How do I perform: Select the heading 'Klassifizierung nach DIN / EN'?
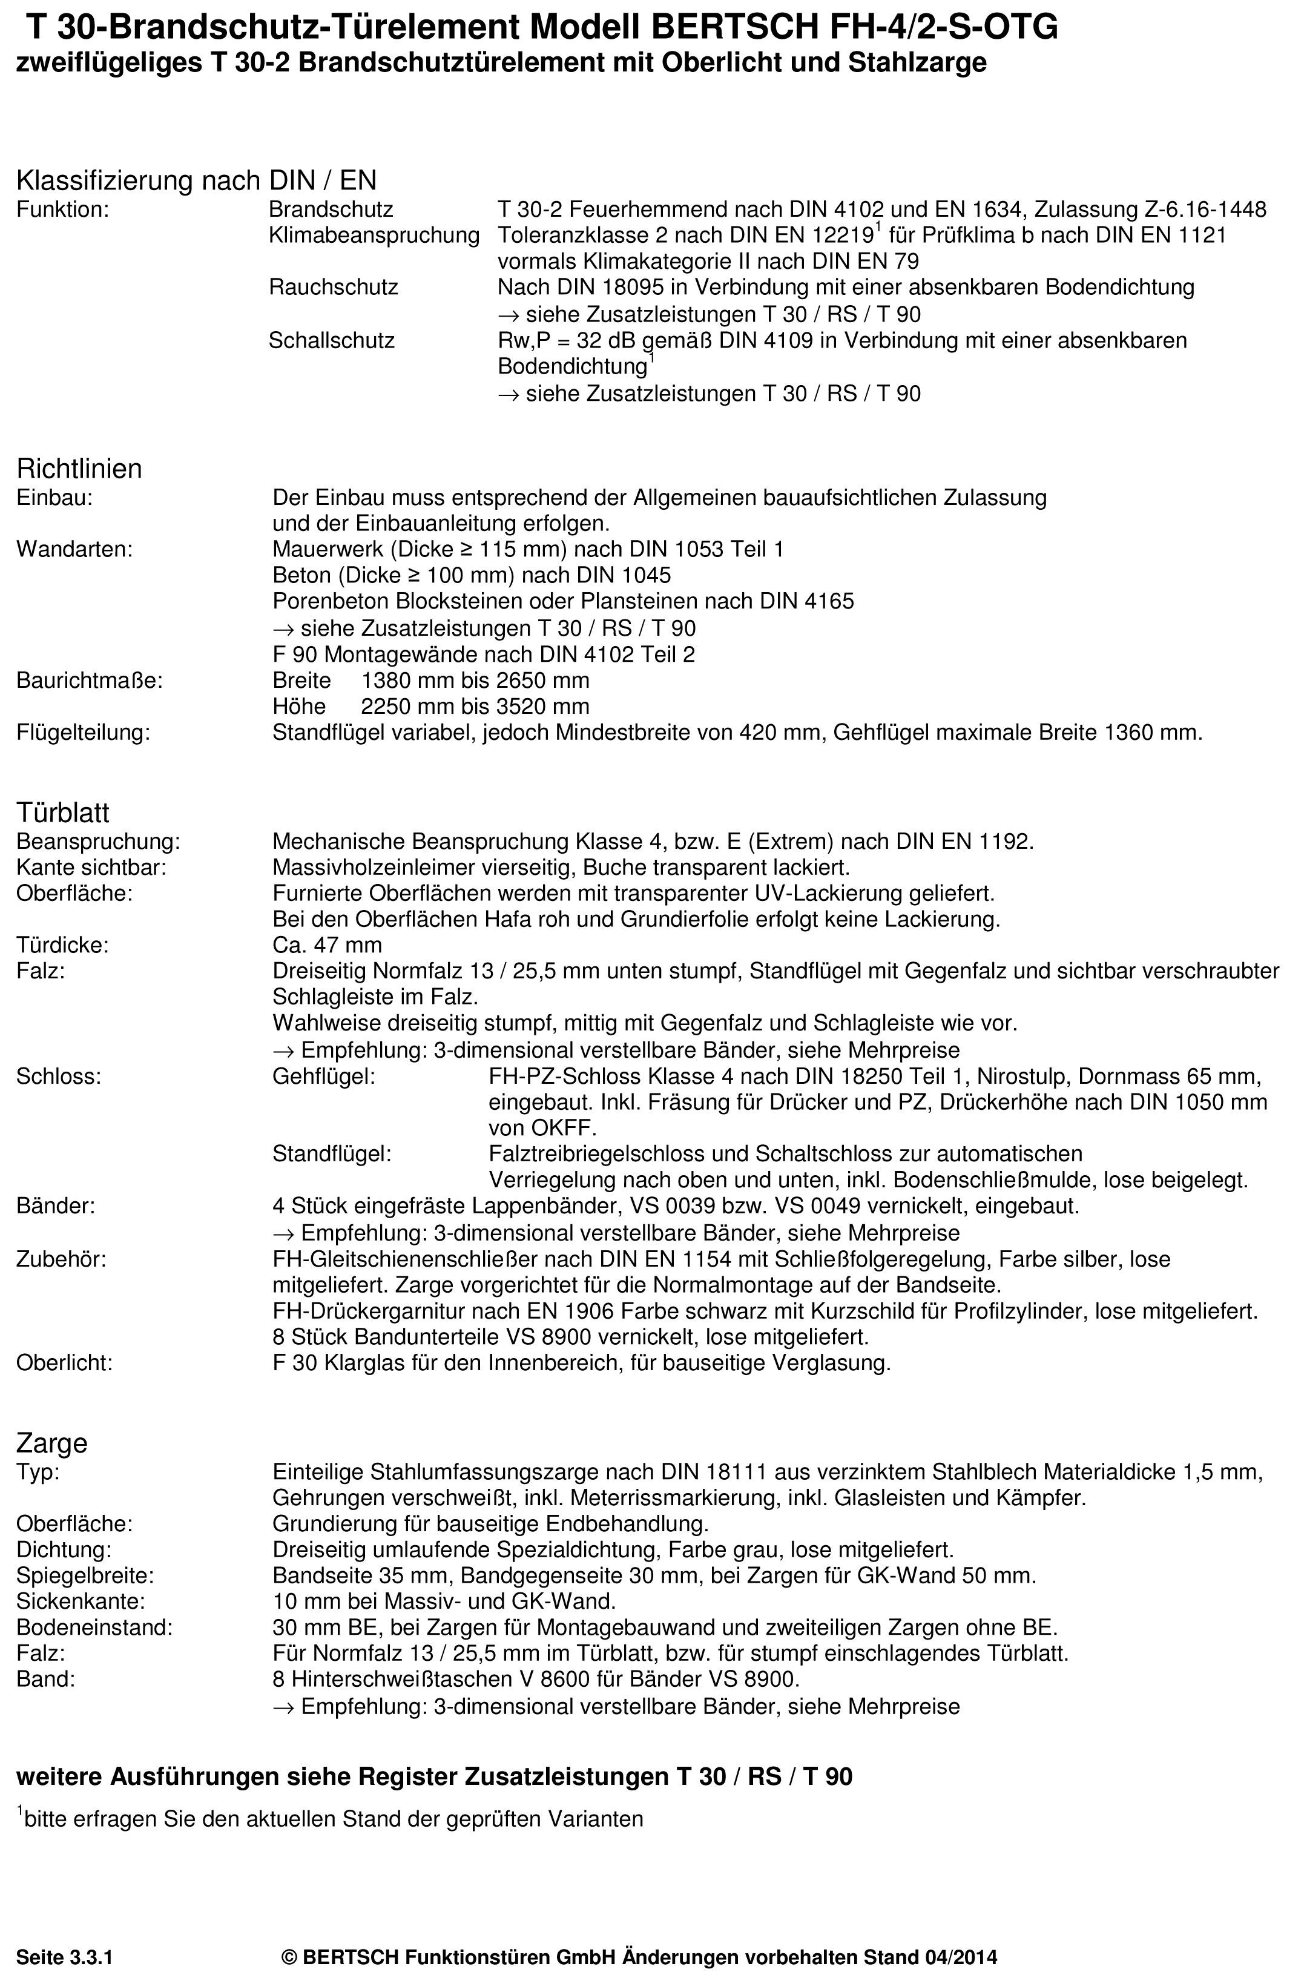(196, 180)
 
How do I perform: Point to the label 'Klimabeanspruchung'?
(374, 236)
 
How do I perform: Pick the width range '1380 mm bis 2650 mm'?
(475, 681)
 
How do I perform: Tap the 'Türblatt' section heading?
(63, 812)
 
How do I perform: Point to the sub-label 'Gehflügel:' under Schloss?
(323, 1077)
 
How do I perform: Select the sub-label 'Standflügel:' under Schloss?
(332, 1153)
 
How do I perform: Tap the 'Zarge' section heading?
(51, 1442)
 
